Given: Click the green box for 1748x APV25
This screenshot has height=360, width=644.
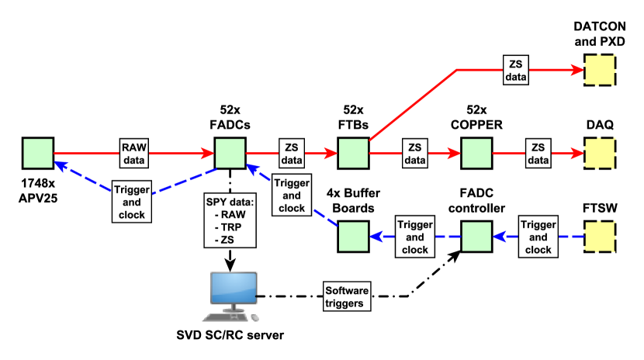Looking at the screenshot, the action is point(38,153).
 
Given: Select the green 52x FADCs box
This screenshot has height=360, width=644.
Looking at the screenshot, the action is point(230,153).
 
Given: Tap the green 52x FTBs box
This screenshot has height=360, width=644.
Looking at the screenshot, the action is point(353,153).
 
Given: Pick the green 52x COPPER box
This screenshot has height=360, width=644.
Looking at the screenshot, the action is point(476,153).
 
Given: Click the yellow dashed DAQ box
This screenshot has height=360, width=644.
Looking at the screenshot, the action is point(600,153).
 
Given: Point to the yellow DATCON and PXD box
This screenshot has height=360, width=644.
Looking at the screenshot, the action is point(600,70).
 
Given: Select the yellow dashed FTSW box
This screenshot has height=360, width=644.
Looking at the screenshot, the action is point(600,237).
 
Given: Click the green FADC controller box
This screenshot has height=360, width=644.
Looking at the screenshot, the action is point(476,237).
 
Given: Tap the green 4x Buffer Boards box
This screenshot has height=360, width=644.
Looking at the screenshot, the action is point(353,237).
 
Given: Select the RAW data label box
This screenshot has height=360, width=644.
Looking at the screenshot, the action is point(134,153).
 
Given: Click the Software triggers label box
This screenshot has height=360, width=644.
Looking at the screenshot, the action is point(347,296).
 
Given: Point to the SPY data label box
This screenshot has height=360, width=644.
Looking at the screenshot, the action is point(230,220).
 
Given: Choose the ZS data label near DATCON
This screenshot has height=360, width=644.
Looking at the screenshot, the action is point(516,70).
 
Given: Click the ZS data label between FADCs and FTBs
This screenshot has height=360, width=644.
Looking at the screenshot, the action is point(292,153).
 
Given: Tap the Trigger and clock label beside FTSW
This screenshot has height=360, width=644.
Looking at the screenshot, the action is point(538,237).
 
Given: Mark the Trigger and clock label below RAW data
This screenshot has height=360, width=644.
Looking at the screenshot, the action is point(132,202).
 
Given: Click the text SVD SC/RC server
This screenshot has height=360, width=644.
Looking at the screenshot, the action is point(230,335).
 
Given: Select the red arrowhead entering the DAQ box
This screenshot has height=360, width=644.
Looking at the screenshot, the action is point(577,153).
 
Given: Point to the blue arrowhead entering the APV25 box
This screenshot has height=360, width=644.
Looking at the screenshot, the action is point(61,165).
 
